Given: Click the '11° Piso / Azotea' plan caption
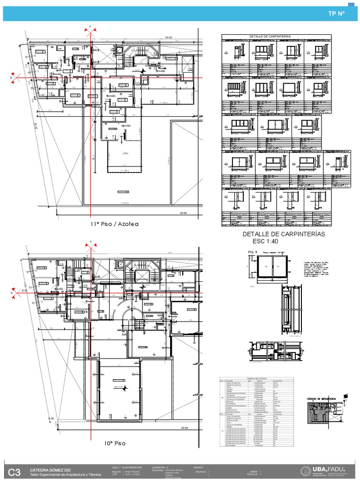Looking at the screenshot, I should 115,224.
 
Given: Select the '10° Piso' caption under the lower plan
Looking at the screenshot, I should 115,442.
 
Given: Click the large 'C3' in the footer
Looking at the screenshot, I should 15,473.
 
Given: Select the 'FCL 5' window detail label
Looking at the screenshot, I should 253,252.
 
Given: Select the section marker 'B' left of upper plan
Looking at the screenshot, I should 11,78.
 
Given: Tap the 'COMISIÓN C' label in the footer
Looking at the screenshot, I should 160,467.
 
